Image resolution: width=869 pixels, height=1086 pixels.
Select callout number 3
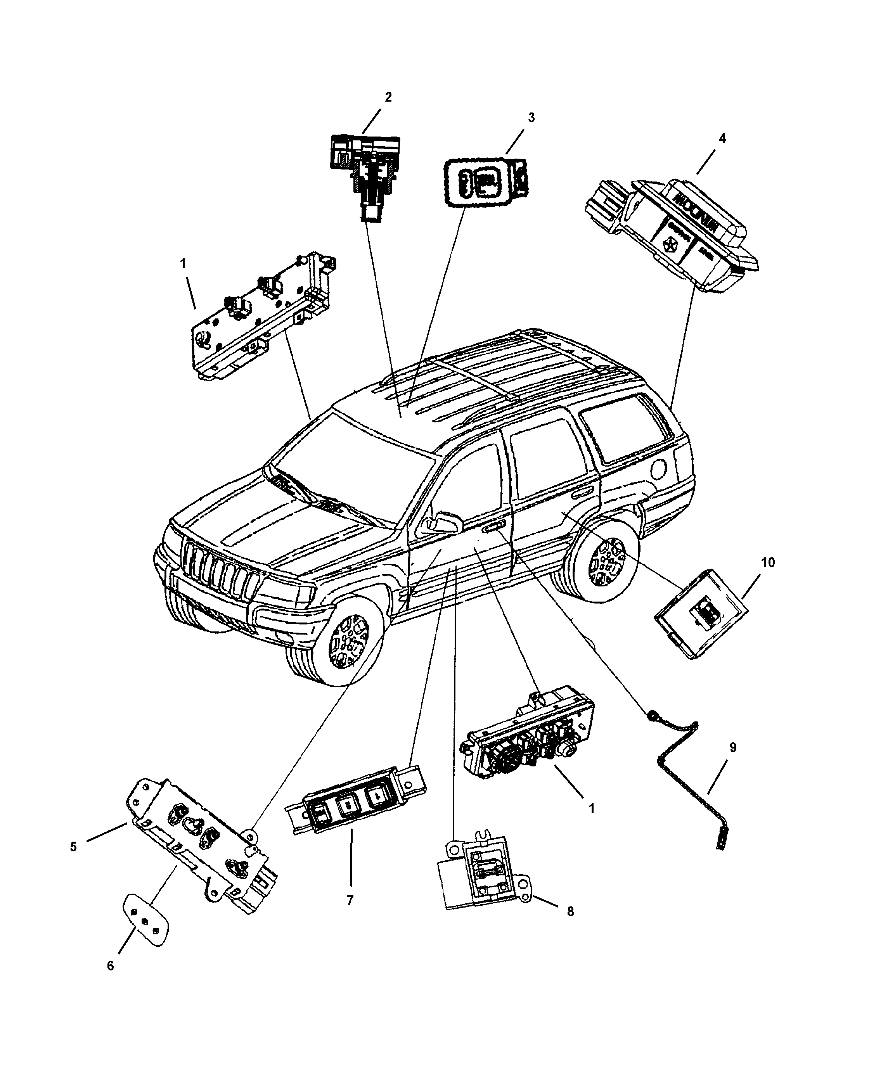[x=531, y=118]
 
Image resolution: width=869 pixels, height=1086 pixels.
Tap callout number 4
[x=722, y=138]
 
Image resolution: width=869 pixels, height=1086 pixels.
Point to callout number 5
[x=74, y=847]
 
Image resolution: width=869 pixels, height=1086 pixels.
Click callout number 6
[x=110, y=966]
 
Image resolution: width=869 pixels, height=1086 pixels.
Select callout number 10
[x=768, y=562]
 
